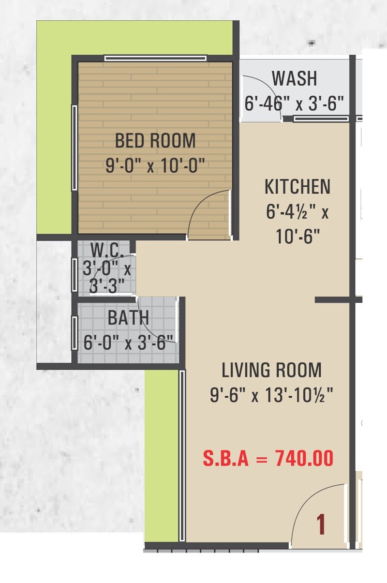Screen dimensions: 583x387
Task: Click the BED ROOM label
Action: point(155,141)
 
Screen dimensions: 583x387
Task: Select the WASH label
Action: point(294,78)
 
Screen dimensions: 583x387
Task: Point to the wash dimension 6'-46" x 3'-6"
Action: point(294,104)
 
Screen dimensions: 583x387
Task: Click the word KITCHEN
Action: point(298,187)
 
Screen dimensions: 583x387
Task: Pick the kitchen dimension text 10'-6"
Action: point(298,237)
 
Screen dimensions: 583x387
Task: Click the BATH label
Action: point(128,318)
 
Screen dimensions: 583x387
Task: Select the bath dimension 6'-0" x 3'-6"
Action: point(128,343)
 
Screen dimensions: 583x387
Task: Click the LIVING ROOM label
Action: point(271,371)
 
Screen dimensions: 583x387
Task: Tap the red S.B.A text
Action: point(225,459)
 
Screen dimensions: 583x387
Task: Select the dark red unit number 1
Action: point(320,525)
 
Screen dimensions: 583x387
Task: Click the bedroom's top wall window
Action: point(155,59)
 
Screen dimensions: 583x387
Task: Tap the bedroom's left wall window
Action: point(74,148)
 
